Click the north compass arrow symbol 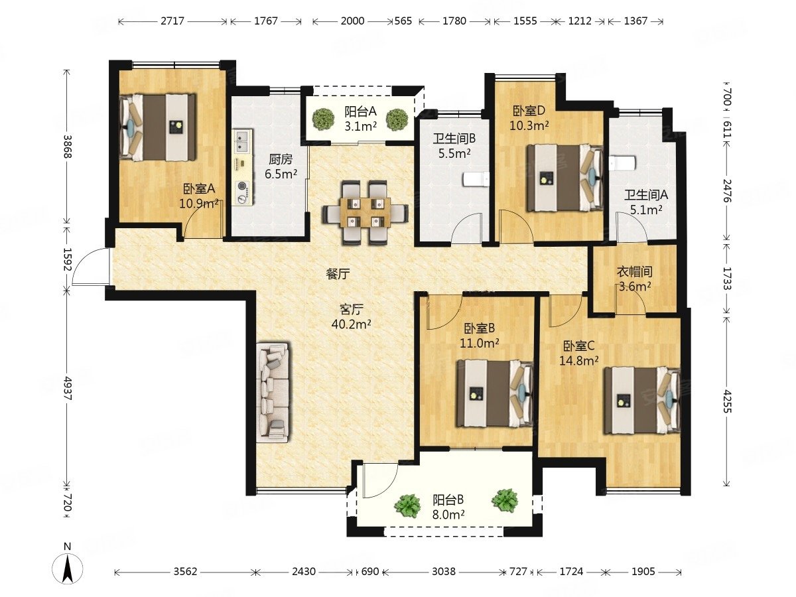click(x=68, y=568)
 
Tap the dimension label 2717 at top click(x=172, y=21)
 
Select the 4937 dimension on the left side click(x=68, y=388)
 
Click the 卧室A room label click(x=199, y=188)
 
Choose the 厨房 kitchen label click(x=281, y=159)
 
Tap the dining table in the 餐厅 click(x=365, y=213)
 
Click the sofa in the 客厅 click(x=275, y=393)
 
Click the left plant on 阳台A click(x=324, y=119)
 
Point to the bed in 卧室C click(x=641, y=400)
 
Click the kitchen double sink click(x=241, y=141)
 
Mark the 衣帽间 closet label click(x=635, y=271)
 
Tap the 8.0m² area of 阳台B click(x=448, y=514)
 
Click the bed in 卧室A click(x=158, y=127)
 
